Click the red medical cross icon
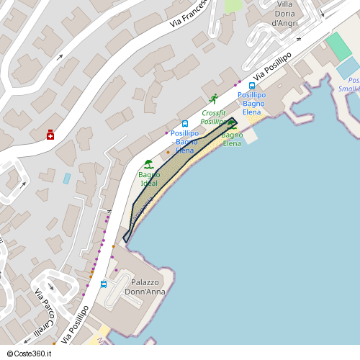[50, 135]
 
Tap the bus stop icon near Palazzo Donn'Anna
[104, 284]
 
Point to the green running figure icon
[214, 99]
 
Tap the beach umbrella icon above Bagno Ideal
[149, 163]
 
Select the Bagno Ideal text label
[149, 179]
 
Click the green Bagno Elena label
[232, 139]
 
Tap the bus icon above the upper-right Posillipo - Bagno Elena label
[251, 85]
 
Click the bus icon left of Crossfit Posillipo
[185, 124]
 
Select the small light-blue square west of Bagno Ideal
[67, 177]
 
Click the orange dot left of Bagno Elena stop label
[168, 152]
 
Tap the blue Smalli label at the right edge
[349, 89]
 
